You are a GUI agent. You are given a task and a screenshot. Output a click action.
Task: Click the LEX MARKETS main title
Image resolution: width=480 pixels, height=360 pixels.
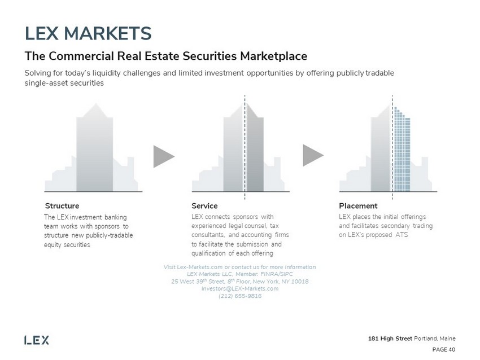(x=88, y=33)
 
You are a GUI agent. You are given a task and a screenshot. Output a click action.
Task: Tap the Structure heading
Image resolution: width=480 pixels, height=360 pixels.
(x=62, y=206)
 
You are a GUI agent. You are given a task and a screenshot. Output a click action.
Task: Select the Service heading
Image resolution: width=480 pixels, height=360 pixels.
(x=204, y=206)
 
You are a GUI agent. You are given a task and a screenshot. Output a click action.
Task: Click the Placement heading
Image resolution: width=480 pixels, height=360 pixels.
(x=358, y=206)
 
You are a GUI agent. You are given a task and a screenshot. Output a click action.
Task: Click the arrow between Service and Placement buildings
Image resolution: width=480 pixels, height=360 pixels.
(x=313, y=156)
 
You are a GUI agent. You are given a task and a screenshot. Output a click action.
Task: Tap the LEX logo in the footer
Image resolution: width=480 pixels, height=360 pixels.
(x=37, y=340)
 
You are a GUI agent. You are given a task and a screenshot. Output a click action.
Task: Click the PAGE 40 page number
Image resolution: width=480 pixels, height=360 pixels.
(x=444, y=349)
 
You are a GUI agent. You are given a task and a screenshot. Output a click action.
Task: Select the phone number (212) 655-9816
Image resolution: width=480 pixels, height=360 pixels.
(x=239, y=296)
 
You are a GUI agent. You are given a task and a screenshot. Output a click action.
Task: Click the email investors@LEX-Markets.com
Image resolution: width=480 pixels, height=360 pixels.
(x=240, y=288)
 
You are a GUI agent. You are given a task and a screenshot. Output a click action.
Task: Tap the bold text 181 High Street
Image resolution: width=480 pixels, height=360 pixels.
(x=389, y=339)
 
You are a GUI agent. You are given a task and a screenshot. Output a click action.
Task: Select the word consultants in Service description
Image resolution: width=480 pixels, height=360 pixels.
(x=209, y=235)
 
